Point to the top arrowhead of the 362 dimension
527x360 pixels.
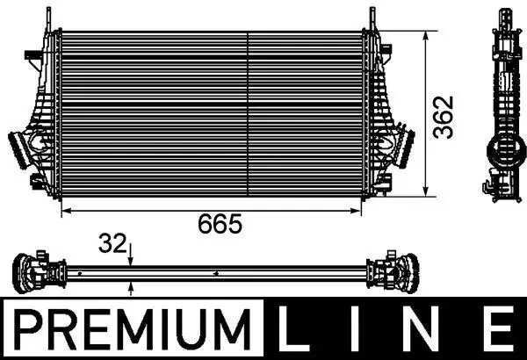(x=428, y=36)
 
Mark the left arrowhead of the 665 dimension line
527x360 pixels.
(x=66, y=212)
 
